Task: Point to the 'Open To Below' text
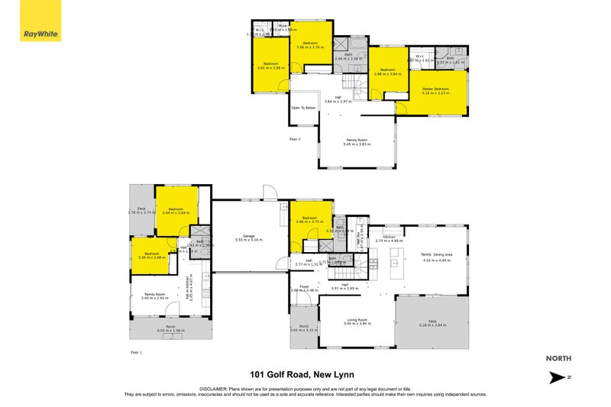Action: click(303, 108)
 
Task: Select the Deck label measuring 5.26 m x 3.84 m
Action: click(432, 323)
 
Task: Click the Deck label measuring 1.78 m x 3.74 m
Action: click(141, 209)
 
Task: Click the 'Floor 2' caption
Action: click(296, 139)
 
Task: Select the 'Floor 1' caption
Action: click(136, 352)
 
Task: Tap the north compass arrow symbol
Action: click(560, 377)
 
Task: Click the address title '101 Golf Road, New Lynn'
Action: click(305, 374)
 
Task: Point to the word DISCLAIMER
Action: click(216, 388)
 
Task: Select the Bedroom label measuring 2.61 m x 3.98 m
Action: click(271, 65)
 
